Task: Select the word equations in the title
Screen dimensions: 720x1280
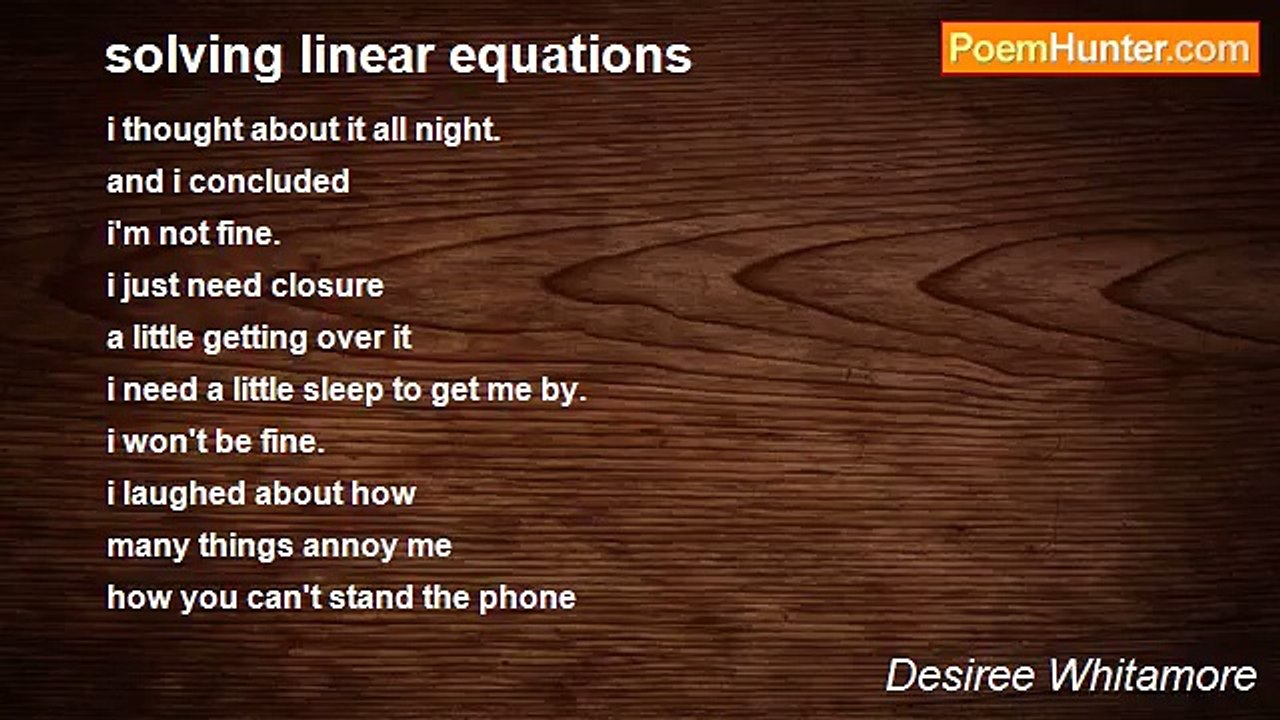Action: pyautogui.click(x=570, y=56)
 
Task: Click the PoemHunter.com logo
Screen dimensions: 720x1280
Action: pyautogui.click(x=1100, y=48)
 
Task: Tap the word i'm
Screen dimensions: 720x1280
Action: pyautogui.click(x=127, y=234)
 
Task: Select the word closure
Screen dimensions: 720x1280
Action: pyautogui.click(x=334, y=286)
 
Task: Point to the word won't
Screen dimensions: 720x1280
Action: pyautogui.click(x=164, y=442)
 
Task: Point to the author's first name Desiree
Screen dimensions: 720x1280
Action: pyautogui.click(x=959, y=676)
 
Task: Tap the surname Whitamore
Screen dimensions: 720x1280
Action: pyautogui.click(x=1150, y=676)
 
